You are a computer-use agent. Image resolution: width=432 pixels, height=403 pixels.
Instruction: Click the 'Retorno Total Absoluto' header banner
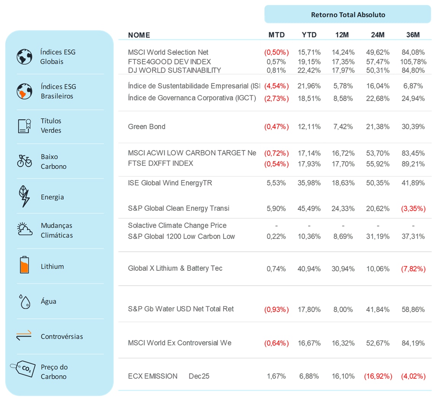pyautogui.click(x=347, y=15)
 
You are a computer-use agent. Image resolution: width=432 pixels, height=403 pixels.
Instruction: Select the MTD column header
pyautogui.click(x=277, y=35)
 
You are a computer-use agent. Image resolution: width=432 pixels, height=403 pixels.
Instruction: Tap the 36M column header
pyautogui.click(x=413, y=35)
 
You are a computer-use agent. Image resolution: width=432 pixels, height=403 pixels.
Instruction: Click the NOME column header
pyautogui.click(x=139, y=35)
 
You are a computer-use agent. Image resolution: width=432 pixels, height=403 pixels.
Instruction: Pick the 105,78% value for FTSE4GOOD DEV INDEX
pyautogui.click(x=413, y=61)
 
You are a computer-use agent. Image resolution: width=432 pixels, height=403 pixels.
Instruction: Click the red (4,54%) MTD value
pyautogui.click(x=277, y=86)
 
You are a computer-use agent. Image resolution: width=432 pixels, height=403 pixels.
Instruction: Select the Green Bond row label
pyautogui.click(x=147, y=126)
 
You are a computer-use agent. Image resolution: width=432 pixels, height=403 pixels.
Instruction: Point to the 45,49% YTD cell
pyautogui.click(x=309, y=208)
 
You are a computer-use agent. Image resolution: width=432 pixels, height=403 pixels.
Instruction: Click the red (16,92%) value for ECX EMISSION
pyautogui.click(x=377, y=376)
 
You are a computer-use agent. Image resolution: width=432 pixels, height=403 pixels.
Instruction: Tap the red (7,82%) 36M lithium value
pyautogui.click(x=413, y=269)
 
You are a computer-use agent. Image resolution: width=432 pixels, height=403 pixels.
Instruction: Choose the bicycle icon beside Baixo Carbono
pyautogui.click(x=24, y=161)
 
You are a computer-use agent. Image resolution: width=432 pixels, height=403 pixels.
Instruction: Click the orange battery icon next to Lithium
pyautogui.click(x=24, y=266)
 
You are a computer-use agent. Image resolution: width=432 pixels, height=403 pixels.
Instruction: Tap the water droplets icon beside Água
pyautogui.click(x=24, y=301)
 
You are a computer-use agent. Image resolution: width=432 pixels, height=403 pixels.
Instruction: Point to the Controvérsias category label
pyautogui.click(x=62, y=337)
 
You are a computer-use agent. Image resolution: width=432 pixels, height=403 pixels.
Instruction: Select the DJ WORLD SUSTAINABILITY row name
pyautogui.click(x=174, y=70)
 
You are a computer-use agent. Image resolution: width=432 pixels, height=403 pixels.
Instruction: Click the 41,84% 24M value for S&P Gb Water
pyautogui.click(x=377, y=309)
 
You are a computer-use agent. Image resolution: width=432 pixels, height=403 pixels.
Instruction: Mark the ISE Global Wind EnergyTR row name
pyautogui.click(x=170, y=183)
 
